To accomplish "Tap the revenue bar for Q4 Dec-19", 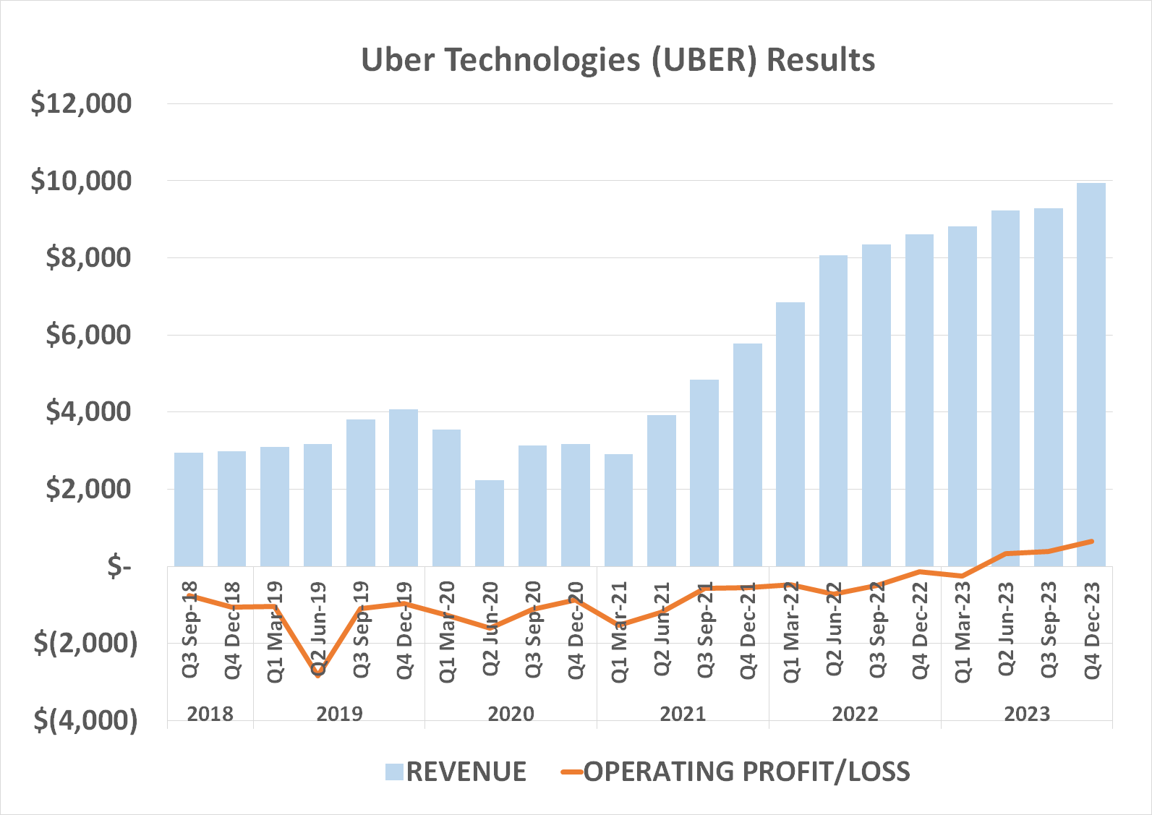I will pyautogui.click(x=404, y=487).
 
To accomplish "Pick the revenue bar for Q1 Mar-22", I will pyautogui.click(x=790, y=434).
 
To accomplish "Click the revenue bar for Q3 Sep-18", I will pyautogui.click(x=189, y=509).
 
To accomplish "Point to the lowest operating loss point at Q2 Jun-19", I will pyautogui.click(x=318, y=673).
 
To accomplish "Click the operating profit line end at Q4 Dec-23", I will pyautogui.click(x=1091, y=541).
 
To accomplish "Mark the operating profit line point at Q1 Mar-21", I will pyautogui.click(x=619, y=624).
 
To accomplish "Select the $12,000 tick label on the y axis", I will pyautogui.click(x=81, y=103).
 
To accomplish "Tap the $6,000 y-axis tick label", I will pyautogui.click(x=88, y=335).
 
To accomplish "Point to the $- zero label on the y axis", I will pyautogui.click(x=119, y=566).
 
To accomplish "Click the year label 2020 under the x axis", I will pyautogui.click(x=511, y=714).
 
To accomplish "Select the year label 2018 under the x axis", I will pyautogui.click(x=210, y=714).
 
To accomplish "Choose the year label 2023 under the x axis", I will pyautogui.click(x=1026, y=714).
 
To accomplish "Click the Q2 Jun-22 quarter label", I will pyautogui.click(x=834, y=628).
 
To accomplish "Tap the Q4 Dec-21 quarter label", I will pyautogui.click(x=748, y=630).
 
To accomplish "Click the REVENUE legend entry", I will pyautogui.click(x=466, y=772).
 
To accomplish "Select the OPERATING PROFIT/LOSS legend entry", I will pyautogui.click(x=746, y=772).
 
